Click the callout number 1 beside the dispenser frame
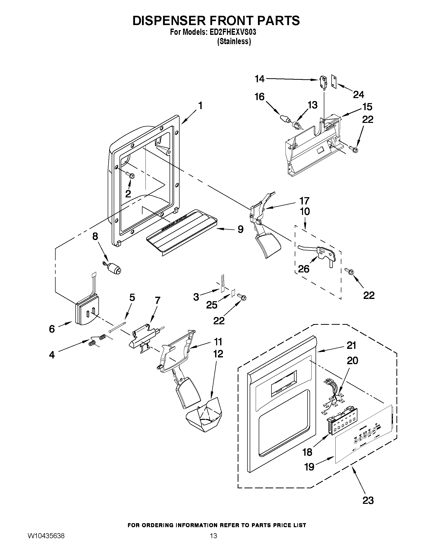coord(200,105)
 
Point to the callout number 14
coord(259,79)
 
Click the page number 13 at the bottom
coord(213,542)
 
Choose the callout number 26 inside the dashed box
coord(304,269)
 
